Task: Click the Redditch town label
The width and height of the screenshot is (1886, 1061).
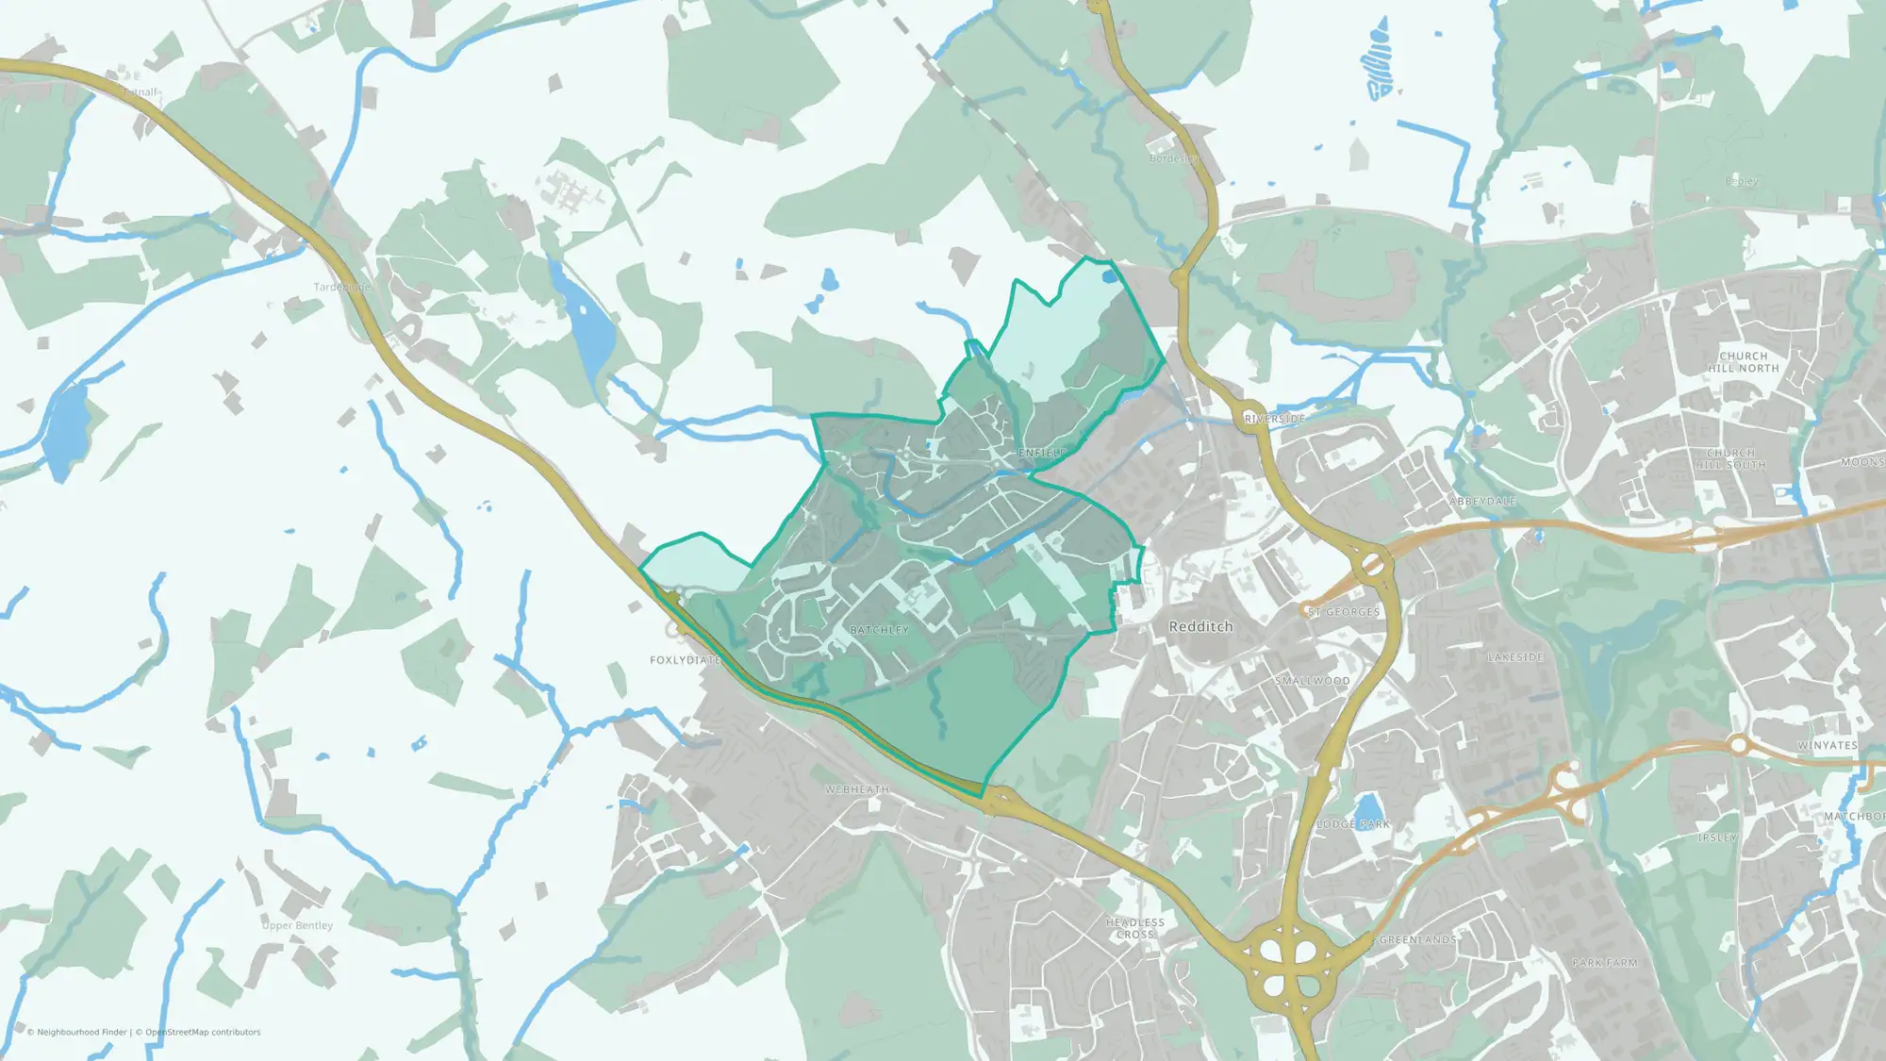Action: (1200, 626)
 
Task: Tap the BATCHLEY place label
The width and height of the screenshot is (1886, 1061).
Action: (879, 630)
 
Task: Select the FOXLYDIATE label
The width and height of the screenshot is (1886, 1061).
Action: (686, 660)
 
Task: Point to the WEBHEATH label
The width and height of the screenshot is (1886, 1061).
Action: (857, 789)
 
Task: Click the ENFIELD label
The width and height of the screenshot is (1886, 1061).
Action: (1042, 453)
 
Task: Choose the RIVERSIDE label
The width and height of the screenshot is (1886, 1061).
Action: (1275, 419)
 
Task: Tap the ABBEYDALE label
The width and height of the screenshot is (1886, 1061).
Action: (1482, 502)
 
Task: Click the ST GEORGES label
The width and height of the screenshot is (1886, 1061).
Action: (1344, 612)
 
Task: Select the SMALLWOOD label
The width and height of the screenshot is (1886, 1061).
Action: (1313, 681)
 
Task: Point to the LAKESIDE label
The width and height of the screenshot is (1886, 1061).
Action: (1515, 657)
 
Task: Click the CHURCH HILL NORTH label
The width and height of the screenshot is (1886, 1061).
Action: (1744, 362)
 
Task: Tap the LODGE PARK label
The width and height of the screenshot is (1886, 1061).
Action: (1353, 824)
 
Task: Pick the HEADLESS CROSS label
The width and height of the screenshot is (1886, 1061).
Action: (1135, 928)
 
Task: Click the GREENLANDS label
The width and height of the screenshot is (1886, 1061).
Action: (1417, 940)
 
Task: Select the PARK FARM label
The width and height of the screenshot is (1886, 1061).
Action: (1605, 963)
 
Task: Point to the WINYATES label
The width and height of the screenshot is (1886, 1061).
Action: (1827, 745)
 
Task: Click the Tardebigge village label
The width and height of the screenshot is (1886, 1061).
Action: (342, 287)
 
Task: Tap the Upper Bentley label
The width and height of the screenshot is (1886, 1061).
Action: (298, 925)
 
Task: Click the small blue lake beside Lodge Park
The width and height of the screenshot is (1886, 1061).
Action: (1366, 807)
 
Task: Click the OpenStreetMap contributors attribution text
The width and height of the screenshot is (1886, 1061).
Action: (203, 1033)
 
